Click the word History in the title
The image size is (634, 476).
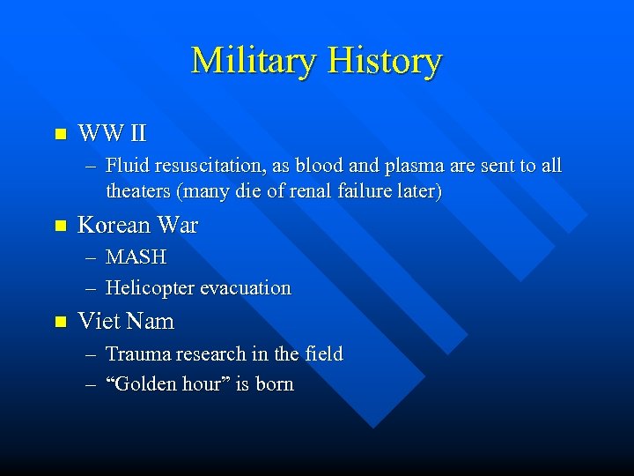click(x=384, y=61)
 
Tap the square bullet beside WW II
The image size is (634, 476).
click(x=60, y=135)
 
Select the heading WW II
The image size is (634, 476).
click(x=112, y=134)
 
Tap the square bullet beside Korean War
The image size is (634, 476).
click(x=60, y=226)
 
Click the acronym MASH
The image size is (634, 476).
click(x=136, y=257)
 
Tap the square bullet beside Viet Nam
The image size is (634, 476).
click(x=60, y=322)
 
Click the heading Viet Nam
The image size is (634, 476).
click(x=126, y=322)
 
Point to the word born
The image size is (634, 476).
click(x=274, y=384)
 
